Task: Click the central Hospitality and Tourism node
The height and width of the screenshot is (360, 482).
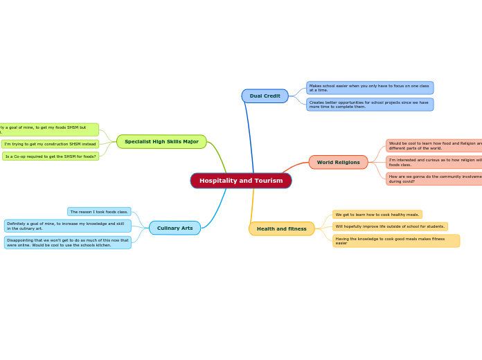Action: [241, 181]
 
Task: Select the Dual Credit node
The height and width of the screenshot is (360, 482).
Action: [265, 96]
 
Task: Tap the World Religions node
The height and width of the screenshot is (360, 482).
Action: [338, 163]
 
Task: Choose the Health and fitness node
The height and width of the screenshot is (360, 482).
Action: [281, 228]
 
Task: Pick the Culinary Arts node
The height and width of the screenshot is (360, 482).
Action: [175, 228]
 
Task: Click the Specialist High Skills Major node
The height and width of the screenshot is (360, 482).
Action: [161, 142]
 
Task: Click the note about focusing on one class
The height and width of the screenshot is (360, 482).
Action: [369, 88]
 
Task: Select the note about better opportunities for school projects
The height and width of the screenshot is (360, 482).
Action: [369, 105]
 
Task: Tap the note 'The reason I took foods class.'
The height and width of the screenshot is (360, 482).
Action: [99, 212]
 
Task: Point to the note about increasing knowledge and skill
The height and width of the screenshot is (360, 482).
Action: [67, 226]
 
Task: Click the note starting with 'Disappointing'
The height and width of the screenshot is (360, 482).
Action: [67, 242]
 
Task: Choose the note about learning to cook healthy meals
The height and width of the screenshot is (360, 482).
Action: [377, 215]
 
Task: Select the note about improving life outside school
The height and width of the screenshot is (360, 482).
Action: [390, 226]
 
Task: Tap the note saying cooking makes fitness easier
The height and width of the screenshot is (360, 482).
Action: [395, 241]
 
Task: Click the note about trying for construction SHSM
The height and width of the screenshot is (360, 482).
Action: [50, 144]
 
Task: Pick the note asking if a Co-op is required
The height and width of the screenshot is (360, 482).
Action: [51, 156]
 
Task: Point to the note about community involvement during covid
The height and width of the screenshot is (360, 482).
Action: [434, 179]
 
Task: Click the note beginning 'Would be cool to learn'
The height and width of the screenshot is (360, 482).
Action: [434, 145]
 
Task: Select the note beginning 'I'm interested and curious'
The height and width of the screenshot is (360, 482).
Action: [434, 162]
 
